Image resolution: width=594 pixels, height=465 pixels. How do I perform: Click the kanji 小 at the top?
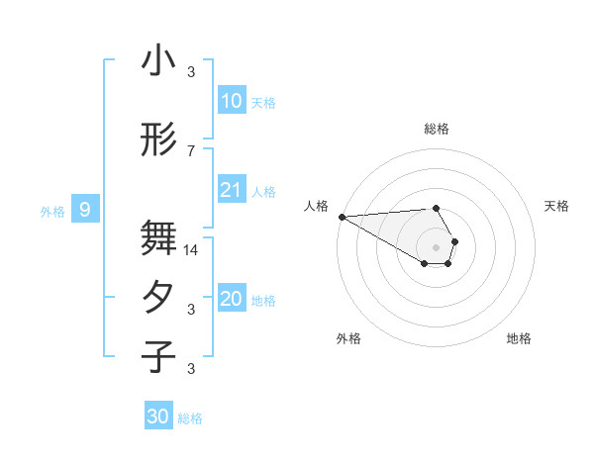(158, 61)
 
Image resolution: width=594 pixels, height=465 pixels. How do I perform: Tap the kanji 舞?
(158, 238)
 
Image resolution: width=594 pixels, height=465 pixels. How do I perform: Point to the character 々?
(158, 299)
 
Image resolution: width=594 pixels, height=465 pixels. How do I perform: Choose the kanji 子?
(158, 357)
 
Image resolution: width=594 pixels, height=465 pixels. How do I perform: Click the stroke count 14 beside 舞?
(191, 250)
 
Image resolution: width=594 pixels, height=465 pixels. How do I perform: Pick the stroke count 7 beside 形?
(191, 150)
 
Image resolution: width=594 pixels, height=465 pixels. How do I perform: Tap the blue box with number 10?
(231, 101)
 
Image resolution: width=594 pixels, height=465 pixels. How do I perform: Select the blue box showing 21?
(231, 190)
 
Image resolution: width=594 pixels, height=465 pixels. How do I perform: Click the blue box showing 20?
(231, 299)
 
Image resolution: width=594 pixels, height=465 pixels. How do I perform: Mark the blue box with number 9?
(86, 209)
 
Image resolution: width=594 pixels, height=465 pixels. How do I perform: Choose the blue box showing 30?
(158, 417)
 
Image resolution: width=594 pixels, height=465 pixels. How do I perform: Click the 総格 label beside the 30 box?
(190, 418)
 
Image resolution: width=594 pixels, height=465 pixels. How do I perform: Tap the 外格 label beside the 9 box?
(52, 211)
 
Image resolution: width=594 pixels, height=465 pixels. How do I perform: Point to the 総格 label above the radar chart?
(437, 129)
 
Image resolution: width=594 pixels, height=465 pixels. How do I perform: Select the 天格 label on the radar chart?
(557, 206)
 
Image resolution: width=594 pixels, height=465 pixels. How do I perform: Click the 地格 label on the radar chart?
(519, 338)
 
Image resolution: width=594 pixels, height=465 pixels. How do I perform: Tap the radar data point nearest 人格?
(342, 217)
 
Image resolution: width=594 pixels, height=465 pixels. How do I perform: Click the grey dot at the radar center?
(437, 245)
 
